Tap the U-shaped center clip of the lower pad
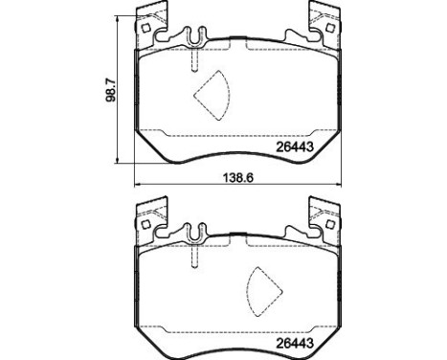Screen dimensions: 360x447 [x=194, y=233]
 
